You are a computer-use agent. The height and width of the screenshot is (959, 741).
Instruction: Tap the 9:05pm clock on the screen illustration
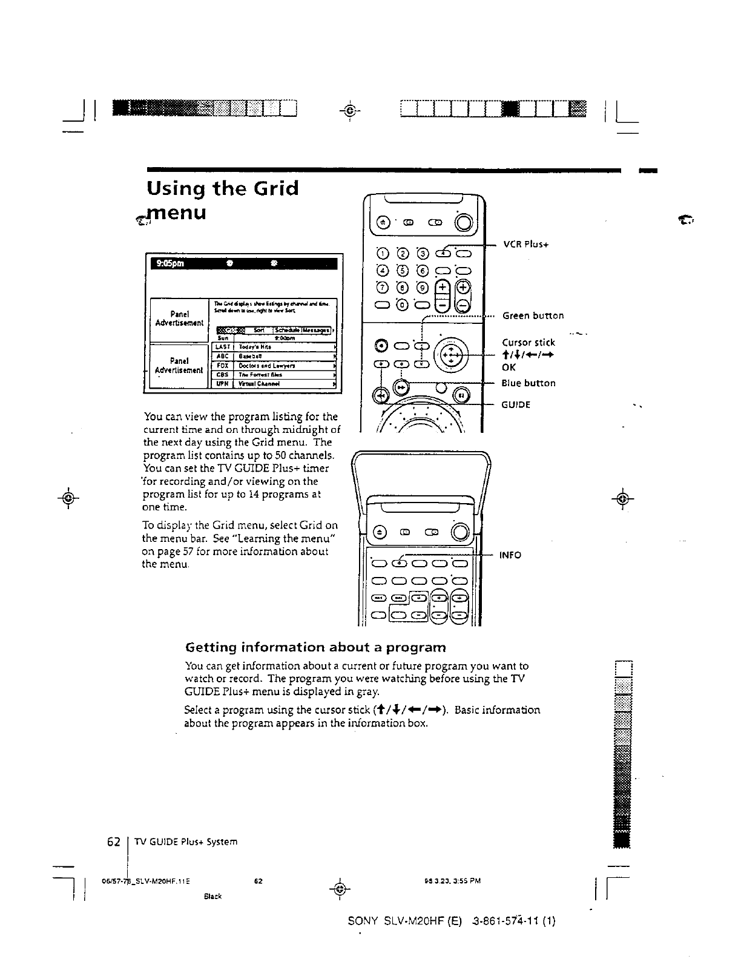tap(167, 264)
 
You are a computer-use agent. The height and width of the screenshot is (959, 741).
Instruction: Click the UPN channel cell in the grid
tap(223, 383)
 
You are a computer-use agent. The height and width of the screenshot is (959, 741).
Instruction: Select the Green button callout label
tap(533, 315)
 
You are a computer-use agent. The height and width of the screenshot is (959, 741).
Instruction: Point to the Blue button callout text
tap(529, 383)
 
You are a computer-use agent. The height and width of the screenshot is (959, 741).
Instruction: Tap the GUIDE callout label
tap(516, 404)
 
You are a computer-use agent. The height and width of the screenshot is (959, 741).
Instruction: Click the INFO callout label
tap(510, 555)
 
